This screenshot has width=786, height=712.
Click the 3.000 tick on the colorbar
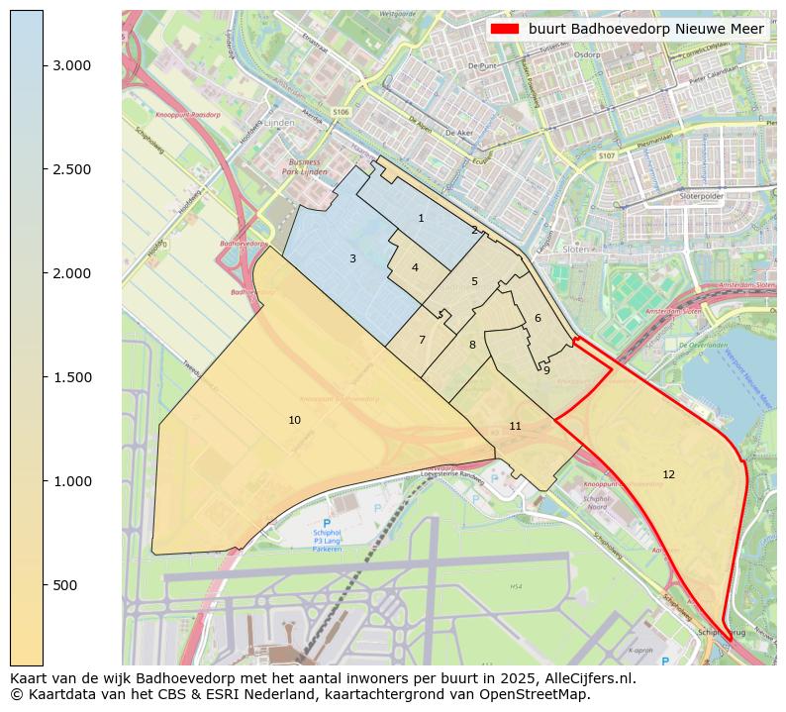[x=44, y=65]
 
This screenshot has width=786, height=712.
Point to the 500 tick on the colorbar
[x=44, y=585]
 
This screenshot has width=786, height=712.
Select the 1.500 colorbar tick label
[x=71, y=377]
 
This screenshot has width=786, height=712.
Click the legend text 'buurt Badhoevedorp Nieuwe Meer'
[x=645, y=29]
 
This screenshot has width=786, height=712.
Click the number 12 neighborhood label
[x=668, y=474]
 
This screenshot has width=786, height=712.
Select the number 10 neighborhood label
[x=294, y=420]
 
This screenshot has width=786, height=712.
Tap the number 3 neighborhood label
[x=352, y=258]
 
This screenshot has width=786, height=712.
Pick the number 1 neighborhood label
[x=421, y=218]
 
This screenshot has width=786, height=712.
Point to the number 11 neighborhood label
[x=515, y=426]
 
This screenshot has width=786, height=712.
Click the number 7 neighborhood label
[x=422, y=340]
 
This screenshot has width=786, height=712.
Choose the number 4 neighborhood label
[x=415, y=267]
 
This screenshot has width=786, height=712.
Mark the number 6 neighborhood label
[x=538, y=318]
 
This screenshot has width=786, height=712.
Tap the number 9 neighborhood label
[x=546, y=370]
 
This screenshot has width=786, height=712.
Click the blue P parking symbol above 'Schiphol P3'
[x=327, y=523]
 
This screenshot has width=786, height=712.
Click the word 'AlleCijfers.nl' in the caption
[x=585, y=678]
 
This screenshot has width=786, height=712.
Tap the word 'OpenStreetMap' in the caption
[x=536, y=694]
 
